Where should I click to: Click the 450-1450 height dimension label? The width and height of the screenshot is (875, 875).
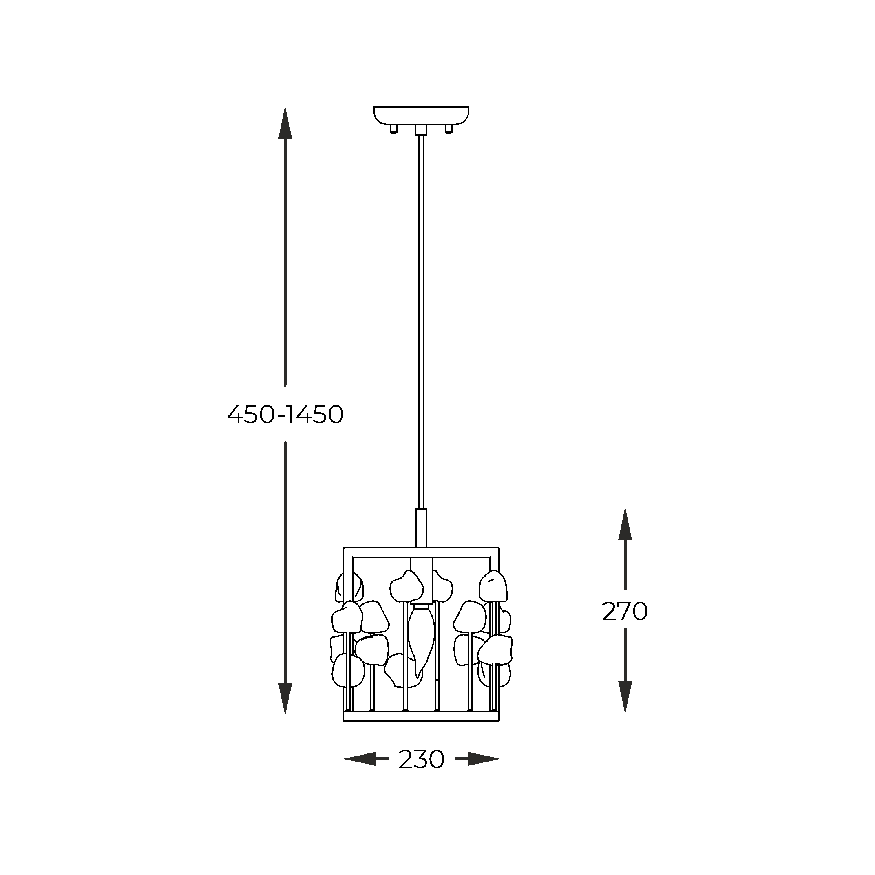285,414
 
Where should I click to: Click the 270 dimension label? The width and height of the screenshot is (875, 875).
625,612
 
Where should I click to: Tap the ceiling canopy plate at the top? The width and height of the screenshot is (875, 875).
421,115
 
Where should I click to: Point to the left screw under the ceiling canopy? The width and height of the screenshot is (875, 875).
393,129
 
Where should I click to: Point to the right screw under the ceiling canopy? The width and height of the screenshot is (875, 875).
449,129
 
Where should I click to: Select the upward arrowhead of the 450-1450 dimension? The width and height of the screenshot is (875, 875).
285,123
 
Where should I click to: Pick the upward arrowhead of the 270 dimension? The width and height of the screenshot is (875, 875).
625,524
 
